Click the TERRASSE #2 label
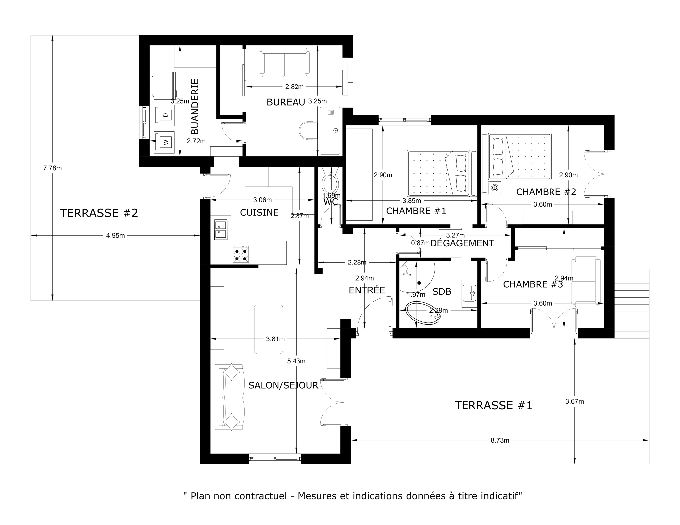point(99,213)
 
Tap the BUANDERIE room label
point(195,106)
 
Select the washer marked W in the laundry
point(164,143)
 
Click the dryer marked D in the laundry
point(164,115)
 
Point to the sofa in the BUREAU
point(284,63)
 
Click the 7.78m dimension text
point(52,168)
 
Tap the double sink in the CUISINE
point(220,229)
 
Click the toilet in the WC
point(330,183)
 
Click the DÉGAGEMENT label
point(462,243)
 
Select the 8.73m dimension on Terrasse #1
point(500,440)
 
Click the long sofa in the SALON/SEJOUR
point(230,397)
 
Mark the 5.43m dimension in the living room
point(296,361)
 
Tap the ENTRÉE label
point(367,290)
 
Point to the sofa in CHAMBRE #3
point(586,282)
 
